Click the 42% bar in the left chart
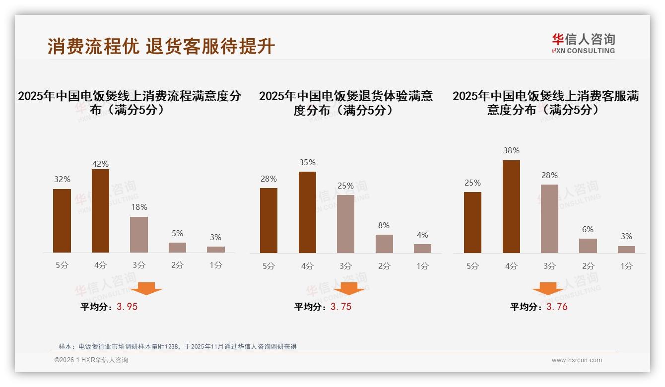[x=100, y=211]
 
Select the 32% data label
[x=62, y=180]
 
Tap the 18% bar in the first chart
[x=139, y=235]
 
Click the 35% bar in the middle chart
[x=307, y=212]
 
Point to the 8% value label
[x=384, y=225]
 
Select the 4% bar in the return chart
[x=422, y=248]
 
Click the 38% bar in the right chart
[x=511, y=206]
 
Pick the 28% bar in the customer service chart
[x=549, y=219]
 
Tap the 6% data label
[x=588, y=229]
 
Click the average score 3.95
[x=127, y=307]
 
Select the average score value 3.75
[x=341, y=307]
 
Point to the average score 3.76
[x=557, y=307]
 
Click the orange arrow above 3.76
[x=548, y=289]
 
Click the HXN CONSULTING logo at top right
[x=583, y=43]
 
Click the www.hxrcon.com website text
[x=577, y=360]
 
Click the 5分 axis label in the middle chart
[x=268, y=266]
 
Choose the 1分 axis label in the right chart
[x=626, y=266]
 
